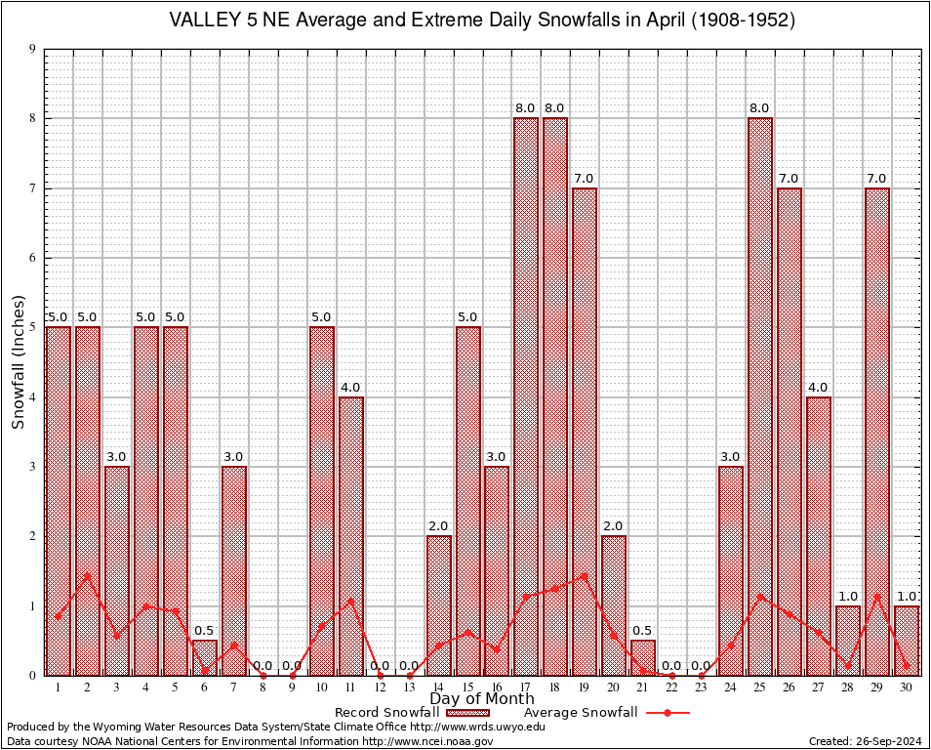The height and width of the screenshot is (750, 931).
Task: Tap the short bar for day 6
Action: pyautogui.click(x=204, y=657)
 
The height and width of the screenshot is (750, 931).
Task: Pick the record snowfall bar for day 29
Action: pyautogui.click(x=877, y=431)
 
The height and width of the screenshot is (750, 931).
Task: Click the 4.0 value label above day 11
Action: pyautogui.click(x=350, y=388)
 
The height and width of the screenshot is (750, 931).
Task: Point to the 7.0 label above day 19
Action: pyautogui.click(x=585, y=179)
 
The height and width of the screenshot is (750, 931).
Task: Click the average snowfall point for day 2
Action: pyautogui.click(x=87, y=575)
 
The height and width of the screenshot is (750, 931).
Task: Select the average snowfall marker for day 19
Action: pyautogui.click(x=585, y=575)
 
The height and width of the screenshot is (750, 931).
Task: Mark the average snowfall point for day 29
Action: pyautogui.click(x=877, y=596)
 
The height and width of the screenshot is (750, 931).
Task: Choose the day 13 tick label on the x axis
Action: pyautogui.click(x=409, y=687)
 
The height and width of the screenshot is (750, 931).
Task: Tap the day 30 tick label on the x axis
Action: pyautogui.click(x=907, y=687)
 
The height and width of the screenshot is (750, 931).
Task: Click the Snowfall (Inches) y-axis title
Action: pyautogui.click(x=19, y=362)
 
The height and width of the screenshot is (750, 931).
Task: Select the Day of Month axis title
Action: pyautogui.click(x=481, y=699)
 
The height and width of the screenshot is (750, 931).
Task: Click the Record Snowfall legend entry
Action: pyautogui.click(x=391, y=713)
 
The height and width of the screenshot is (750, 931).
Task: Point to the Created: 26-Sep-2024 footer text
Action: pyautogui.click(x=865, y=741)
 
